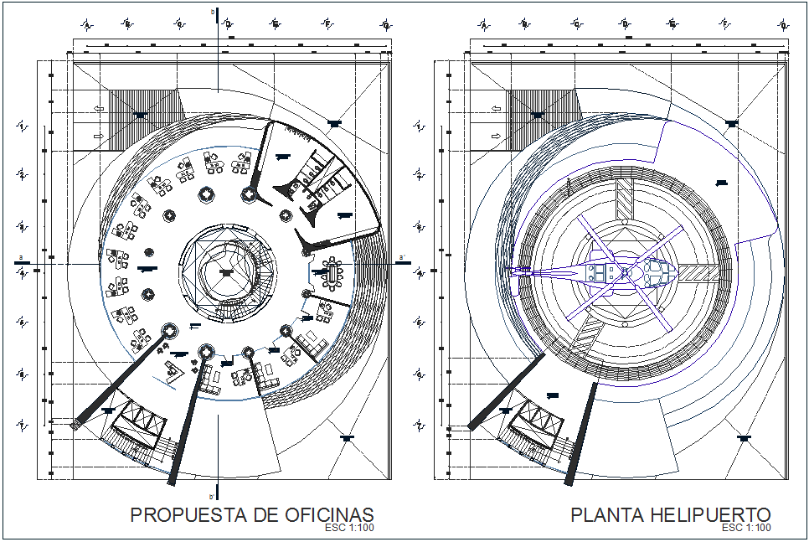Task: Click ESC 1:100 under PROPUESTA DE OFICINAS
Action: point(348,529)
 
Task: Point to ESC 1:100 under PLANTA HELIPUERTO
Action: point(746,528)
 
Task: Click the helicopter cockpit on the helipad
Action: point(657,271)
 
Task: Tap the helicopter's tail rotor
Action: point(516,270)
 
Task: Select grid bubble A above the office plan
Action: point(87,23)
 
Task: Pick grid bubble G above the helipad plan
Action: point(783,23)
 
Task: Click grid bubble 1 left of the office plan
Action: point(23,126)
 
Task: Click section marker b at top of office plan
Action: point(212,13)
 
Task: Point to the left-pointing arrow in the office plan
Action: point(99,108)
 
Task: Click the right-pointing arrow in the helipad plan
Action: point(496,135)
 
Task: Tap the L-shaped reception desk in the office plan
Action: point(175,369)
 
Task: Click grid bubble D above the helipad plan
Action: point(626,23)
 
